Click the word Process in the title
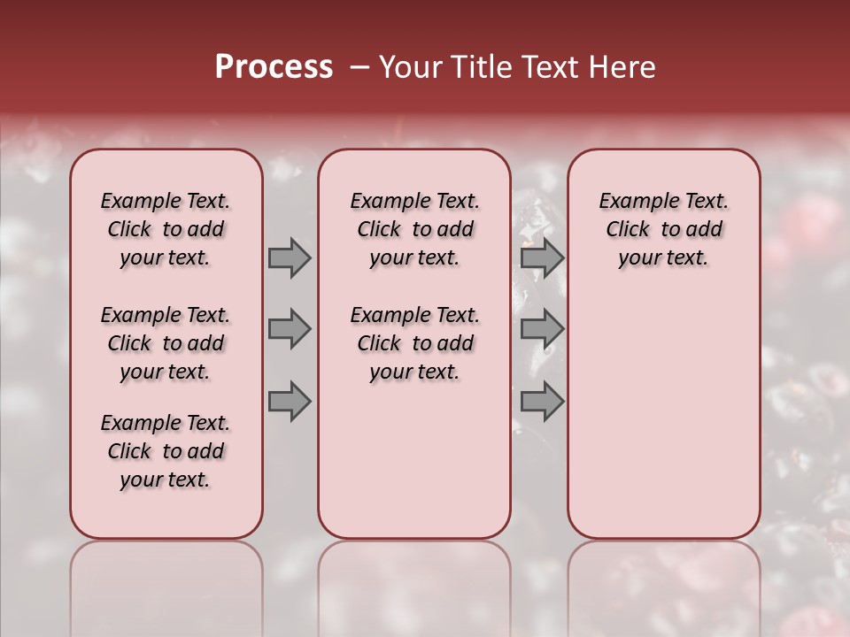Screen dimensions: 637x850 [274, 67]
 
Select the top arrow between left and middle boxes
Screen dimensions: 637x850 [290, 257]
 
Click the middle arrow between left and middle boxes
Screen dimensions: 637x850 [290, 329]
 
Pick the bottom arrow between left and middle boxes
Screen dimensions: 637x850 [290, 402]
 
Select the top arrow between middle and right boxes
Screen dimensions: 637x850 [542, 257]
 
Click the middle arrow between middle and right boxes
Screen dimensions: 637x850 [542, 329]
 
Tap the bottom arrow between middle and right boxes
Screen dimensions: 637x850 [542, 402]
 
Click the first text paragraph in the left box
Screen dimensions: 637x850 [166, 229]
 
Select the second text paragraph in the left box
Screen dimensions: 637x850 [166, 343]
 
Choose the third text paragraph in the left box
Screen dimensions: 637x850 [166, 451]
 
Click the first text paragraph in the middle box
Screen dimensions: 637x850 [414, 229]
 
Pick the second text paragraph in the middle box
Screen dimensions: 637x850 [414, 343]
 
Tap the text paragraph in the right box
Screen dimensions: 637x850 [663, 229]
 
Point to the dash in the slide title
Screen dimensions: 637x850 [359, 67]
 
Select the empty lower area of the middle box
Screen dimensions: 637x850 [414, 460]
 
